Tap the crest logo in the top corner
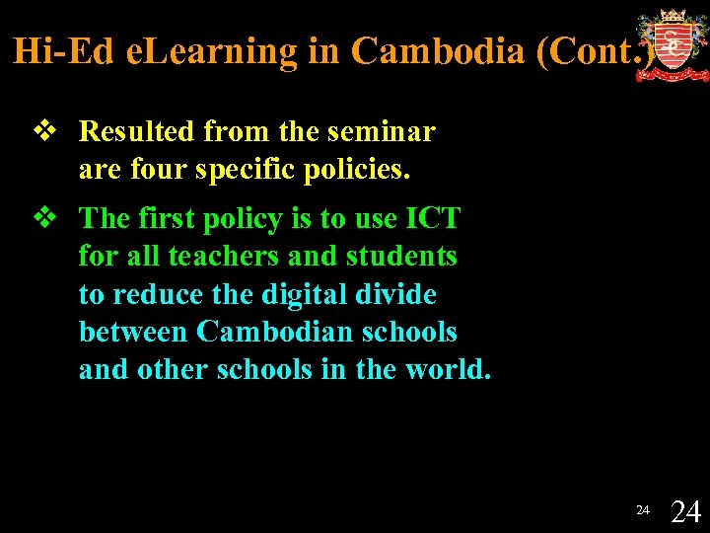pyautogui.click(x=673, y=45)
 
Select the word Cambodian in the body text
pyautogui.click(x=267, y=333)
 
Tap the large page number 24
pyautogui.click(x=685, y=511)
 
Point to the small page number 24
pyautogui.click(x=642, y=510)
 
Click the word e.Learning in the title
pyautogui.click(x=211, y=51)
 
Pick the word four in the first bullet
pyautogui.click(x=159, y=170)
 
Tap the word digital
pyautogui.click(x=299, y=294)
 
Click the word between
pyautogui.click(x=134, y=333)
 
